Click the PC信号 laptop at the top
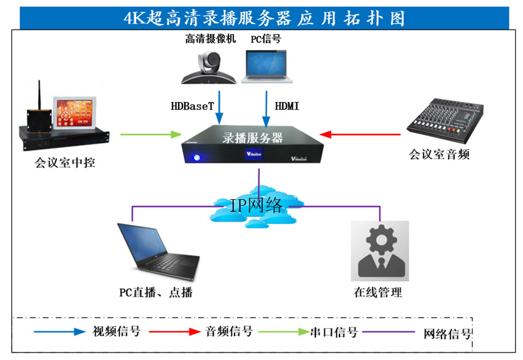[266, 66]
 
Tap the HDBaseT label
[192, 106]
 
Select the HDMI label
[287, 106]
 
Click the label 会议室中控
[65, 163]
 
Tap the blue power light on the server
[197, 158]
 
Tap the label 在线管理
[378, 292]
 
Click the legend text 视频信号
[116, 332]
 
